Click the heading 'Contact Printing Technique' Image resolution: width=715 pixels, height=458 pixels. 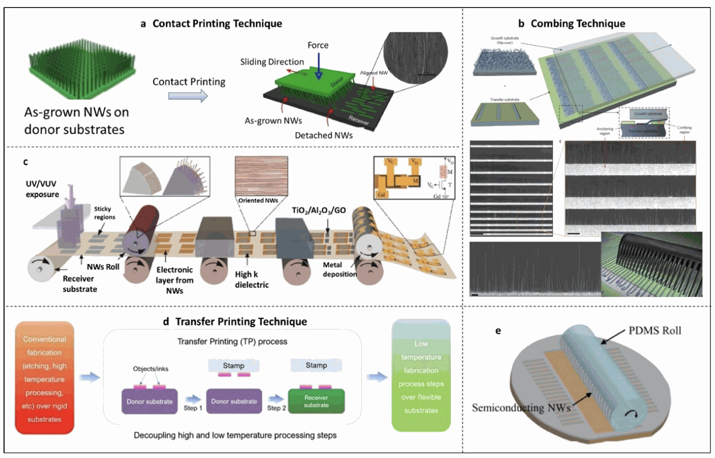tap(217, 24)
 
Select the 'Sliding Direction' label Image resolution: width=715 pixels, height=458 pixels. tap(272, 62)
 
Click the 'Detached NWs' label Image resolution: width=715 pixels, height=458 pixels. tap(324, 135)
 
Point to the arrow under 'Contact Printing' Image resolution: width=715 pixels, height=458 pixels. tap(188, 96)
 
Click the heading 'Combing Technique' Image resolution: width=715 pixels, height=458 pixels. tap(577, 24)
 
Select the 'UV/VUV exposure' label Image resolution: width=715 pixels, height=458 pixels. tap(42, 189)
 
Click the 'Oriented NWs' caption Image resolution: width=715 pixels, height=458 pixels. tap(258, 200)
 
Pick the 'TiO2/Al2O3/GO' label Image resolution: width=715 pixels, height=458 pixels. tap(319, 210)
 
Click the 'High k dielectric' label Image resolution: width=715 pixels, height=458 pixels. tap(251, 279)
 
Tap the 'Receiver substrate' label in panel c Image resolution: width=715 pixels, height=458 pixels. tap(79, 283)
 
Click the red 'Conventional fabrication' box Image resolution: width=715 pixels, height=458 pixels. tap(44, 378)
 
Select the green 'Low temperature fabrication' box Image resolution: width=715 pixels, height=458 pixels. tap(421, 376)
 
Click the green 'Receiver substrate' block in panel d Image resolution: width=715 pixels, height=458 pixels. tap(316, 402)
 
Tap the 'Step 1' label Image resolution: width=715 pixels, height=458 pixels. tap(193, 408)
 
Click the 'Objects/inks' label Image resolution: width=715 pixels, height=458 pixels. tap(151, 369)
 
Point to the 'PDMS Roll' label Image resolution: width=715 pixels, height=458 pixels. tap(654, 331)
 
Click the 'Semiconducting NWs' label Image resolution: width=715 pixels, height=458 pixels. tap(520, 408)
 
